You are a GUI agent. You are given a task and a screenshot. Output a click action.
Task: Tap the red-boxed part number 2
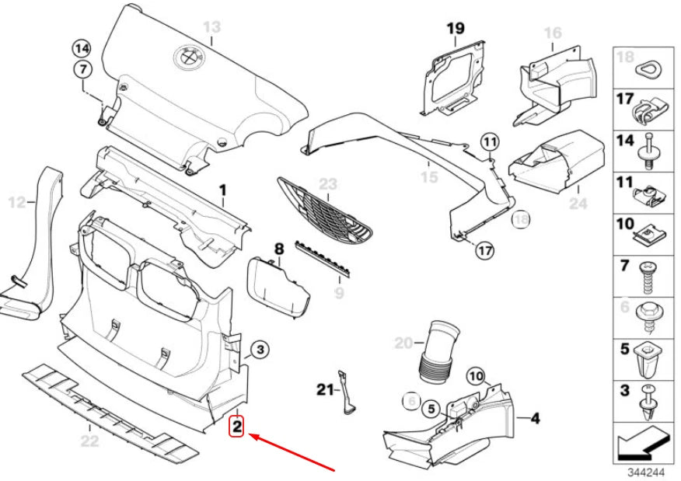point(237,426)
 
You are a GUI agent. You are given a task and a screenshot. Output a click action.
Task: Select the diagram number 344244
point(646,471)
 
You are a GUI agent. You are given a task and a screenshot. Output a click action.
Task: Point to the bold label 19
point(455,29)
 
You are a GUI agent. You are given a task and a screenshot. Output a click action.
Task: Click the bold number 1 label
point(222,189)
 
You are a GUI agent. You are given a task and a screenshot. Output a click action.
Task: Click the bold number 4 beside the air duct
point(535,418)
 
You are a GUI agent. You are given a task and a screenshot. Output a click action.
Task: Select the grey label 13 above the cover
point(211,28)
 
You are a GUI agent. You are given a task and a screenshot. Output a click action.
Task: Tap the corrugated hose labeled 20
point(438,354)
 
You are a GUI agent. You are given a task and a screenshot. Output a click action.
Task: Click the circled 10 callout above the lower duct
point(475,377)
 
